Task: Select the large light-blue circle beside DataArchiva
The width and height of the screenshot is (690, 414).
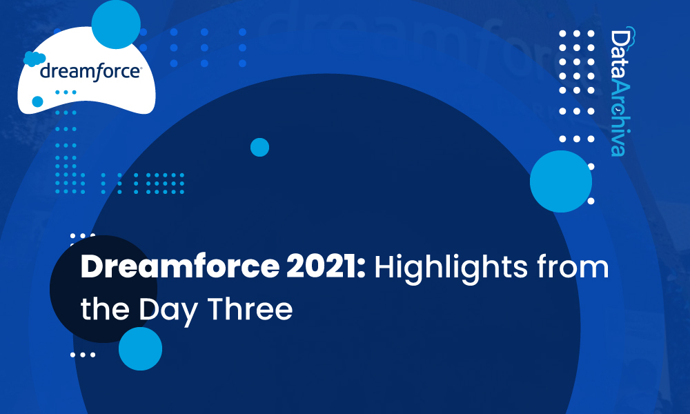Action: [x=560, y=181]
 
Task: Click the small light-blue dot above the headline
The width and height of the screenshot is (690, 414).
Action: [x=259, y=147]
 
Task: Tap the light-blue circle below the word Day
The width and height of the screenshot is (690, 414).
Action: [x=140, y=348]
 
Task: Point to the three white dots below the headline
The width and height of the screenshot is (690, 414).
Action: [x=83, y=355]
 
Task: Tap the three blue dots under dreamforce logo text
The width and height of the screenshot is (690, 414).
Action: [x=66, y=91]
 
